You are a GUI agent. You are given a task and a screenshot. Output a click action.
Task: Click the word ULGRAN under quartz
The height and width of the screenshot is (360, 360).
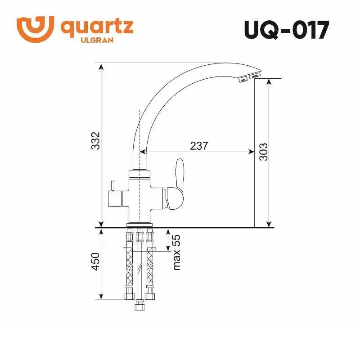(x=96, y=40)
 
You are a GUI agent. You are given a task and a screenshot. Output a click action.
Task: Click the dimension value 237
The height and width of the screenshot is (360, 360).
(x=199, y=145)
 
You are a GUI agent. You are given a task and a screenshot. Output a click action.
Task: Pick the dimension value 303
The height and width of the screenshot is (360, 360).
(x=263, y=152)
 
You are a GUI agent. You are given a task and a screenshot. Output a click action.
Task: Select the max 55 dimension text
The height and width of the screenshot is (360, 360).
(x=176, y=252)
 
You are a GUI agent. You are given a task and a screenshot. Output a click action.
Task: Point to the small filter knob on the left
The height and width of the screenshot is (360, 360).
(x=112, y=186)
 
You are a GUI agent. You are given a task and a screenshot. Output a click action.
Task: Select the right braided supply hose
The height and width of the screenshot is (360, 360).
(x=149, y=265)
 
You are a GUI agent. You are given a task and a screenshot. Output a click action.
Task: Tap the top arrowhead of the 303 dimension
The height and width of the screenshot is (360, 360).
(x=269, y=81)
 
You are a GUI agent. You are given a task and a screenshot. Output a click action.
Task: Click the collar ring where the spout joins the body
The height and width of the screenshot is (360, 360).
(x=139, y=174)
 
